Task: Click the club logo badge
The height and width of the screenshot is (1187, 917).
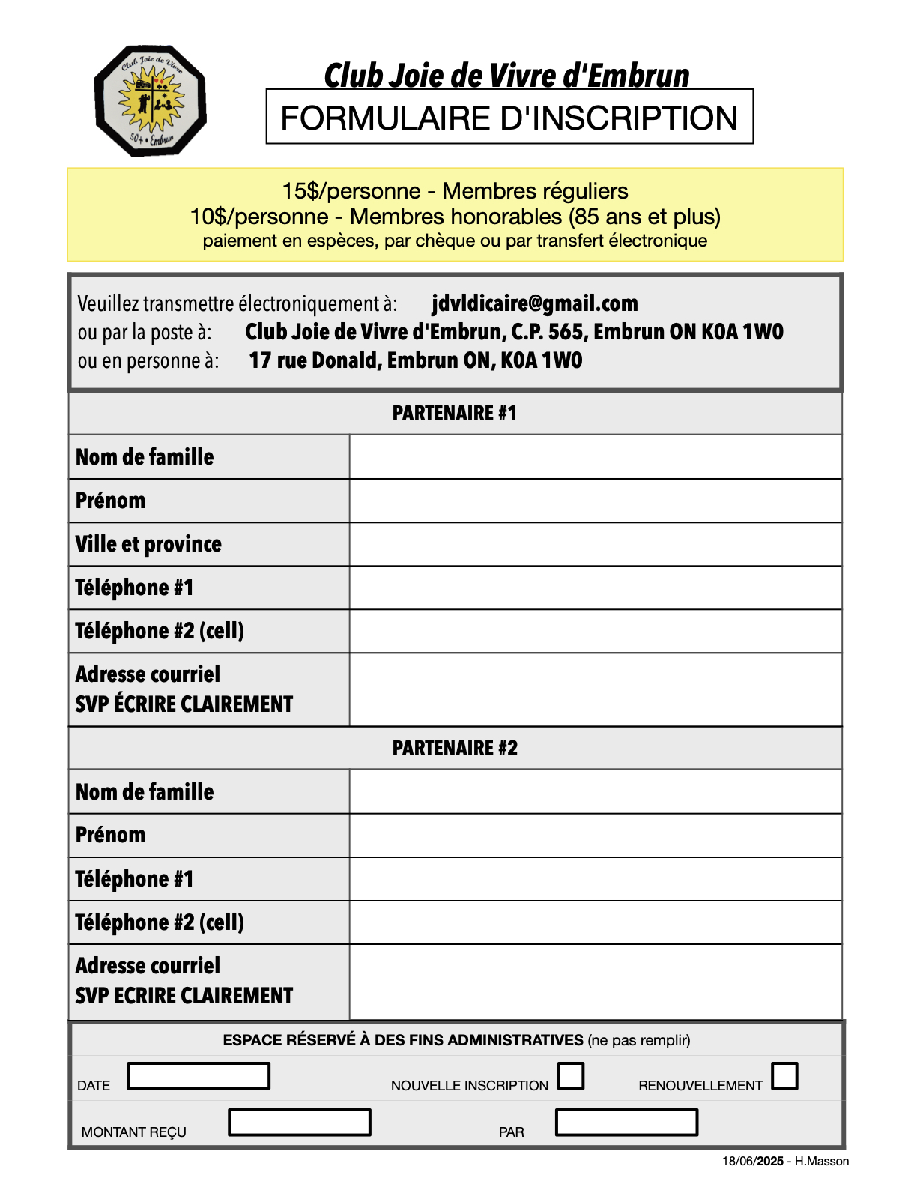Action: coord(150,101)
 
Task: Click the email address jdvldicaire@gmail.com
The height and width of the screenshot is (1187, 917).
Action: coord(535,303)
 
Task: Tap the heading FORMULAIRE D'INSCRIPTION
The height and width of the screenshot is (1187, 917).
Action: coord(509,118)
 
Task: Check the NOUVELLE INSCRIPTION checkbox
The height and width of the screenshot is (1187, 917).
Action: coord(571,1076)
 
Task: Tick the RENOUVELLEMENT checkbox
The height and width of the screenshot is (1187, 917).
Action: coord(784,1076)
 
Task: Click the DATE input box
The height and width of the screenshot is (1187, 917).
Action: coord(199,1076)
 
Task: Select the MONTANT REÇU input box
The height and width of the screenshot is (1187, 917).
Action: coord(300,1123)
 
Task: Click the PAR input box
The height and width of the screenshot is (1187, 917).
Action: coord(626,1123)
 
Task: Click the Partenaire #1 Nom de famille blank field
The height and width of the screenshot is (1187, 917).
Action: coord(596,457)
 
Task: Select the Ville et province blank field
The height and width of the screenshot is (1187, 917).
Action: coord(596,544)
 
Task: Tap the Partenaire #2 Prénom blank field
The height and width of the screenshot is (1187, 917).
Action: coord(596,836)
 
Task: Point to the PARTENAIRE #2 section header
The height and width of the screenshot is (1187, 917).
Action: coord(455,749)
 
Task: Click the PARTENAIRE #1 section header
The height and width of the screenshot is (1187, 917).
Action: coord(455,414)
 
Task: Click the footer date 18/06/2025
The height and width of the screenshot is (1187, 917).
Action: coord(752,1162)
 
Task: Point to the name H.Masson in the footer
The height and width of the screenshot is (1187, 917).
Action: coord(822,1162)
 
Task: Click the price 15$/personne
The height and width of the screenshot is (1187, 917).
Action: coord(351,191)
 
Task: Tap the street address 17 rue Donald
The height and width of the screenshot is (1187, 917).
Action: coord(315,360)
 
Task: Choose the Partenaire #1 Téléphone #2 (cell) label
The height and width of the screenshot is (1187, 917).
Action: coord(160,631)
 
